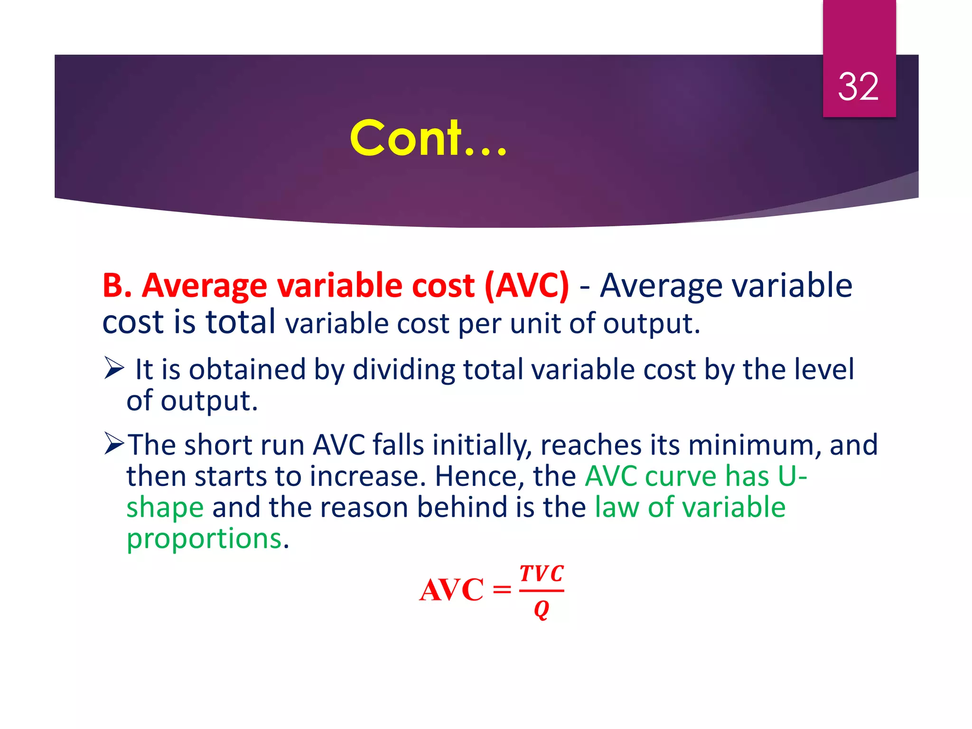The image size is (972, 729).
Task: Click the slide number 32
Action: [x=858, y=87]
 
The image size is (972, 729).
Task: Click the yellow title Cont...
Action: [x=428, y=138]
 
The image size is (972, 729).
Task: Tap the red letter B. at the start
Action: [x=117, y=286]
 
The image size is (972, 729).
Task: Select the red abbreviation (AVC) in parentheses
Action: [x=526, y=286]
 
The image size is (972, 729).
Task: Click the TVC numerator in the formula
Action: [x=542, y=574]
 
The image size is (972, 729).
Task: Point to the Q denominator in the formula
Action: [x=542, y=609]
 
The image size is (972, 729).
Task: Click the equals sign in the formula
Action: [x=502, y=590]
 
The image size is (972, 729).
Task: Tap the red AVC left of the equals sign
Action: [x=451, y=590]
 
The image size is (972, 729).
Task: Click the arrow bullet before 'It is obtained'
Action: [x=114, y=368]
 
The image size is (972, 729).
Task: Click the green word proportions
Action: [x=204, y=539]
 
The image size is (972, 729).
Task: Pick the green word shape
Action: [x=165, y=508]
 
